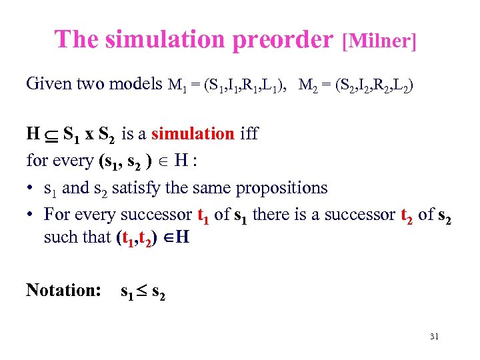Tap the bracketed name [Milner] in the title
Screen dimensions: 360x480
379,41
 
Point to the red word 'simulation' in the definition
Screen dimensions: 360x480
193,133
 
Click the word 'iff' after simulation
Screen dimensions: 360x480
248,133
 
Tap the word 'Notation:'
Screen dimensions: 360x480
63,290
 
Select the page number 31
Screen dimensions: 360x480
434,337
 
